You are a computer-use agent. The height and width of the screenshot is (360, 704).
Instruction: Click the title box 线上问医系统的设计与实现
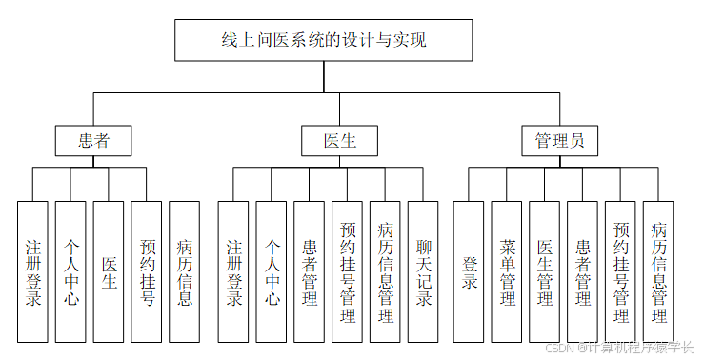(x=323, y=41)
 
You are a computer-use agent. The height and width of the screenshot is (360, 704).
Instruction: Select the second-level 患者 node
(x=92, y=141)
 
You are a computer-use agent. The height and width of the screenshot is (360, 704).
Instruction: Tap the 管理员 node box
(x=559, y=141)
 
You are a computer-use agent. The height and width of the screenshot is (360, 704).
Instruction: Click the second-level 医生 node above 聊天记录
(x=339, y=141)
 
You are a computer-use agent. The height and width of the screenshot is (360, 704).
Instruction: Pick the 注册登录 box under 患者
(x=32, y=271)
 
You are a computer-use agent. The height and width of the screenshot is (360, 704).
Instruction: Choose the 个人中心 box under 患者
(x=70, y=271)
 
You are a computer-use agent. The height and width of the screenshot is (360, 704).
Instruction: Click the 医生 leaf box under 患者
(x=109, y=271)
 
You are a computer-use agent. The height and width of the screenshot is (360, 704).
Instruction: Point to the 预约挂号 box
(x=147, y=271)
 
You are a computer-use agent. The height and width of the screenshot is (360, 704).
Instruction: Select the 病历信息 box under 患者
(x=185, y=271)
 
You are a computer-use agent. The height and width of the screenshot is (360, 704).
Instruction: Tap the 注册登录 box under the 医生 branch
(x=233, y=271)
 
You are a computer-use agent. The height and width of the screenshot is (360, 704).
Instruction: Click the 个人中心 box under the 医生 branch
(x=272, y=271)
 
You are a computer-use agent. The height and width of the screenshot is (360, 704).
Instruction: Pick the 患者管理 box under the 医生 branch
(x=309, y=271)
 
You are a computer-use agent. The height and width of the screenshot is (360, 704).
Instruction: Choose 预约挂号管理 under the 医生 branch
(x=347, y=271)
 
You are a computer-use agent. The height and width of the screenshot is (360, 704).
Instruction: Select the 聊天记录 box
(x=423, y=271)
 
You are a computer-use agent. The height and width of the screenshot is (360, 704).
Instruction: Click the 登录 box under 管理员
(x=469, y=271)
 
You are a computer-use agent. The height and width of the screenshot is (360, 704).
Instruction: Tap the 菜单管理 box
(x=507, y=271)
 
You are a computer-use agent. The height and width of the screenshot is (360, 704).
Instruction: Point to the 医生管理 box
(x=544, y=271)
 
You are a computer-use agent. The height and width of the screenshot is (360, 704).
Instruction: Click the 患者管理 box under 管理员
(x=582, y=271)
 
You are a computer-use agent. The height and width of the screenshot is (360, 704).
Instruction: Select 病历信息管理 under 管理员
(x=658, y=271)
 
